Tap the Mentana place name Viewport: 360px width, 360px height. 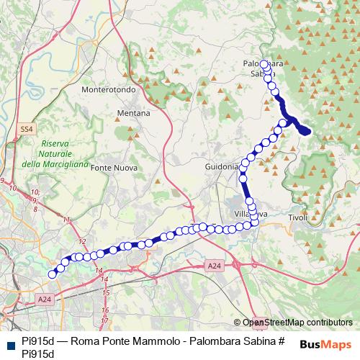135,114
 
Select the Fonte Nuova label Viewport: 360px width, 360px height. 112,167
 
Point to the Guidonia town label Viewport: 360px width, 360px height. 222,166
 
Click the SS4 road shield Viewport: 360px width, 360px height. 27,129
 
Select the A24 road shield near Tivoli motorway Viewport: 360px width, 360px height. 214,266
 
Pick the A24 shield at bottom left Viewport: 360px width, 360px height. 45,299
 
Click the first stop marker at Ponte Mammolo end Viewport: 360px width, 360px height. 52,274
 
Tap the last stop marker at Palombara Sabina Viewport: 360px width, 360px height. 264,64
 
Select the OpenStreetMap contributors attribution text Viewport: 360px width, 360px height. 297,323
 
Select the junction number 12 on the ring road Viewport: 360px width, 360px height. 82,242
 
